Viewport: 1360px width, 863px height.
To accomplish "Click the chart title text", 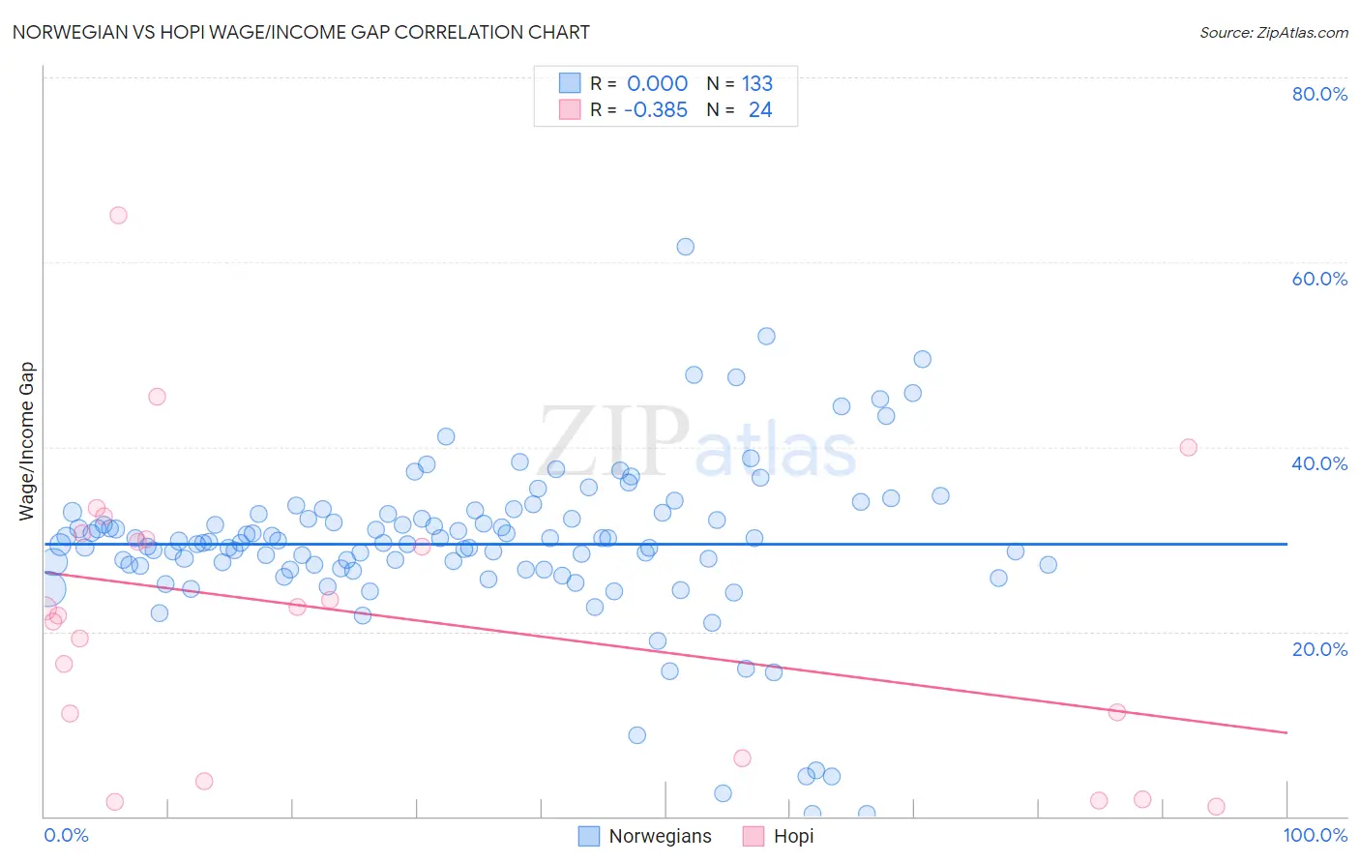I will [301, 32].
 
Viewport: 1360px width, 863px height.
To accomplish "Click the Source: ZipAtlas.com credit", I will [1273, 32].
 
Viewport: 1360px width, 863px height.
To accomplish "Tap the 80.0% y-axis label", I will [1319, 94].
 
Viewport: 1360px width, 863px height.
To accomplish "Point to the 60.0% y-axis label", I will [1319, 279].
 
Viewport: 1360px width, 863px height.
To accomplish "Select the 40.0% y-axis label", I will [1319, 463].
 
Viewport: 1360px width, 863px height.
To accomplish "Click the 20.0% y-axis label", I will [1319, 648].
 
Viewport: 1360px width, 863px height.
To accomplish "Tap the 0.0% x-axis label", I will [66, 835].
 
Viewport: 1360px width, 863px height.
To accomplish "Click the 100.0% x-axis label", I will [1315, 835].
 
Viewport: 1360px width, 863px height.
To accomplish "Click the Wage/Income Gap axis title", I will [27, 441].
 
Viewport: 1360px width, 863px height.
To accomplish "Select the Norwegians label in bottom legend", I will [660, 836].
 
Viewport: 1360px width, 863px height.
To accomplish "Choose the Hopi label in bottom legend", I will [793, 836].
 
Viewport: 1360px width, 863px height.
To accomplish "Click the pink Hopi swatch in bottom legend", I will [754, 836].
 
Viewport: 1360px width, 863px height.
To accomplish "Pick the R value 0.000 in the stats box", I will [657, 83].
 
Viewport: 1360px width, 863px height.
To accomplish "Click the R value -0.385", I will [655, 109].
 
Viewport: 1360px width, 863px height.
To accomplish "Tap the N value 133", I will [757, 83].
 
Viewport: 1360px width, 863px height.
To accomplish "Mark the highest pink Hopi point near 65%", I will [118, 215].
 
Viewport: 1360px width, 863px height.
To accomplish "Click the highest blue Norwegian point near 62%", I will [685, 247].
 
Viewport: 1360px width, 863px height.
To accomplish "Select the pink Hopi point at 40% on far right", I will [1188, 447].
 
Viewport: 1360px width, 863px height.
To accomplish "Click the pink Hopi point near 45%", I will [157, 397].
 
